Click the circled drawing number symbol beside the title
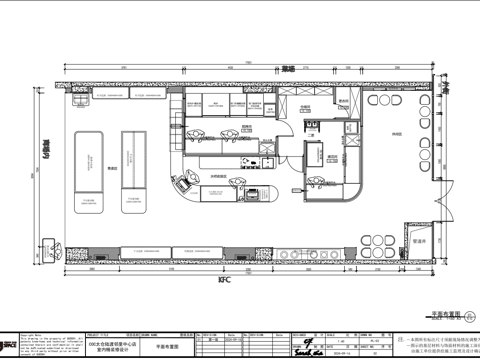click(471, 314)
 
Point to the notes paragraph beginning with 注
click(440, 345)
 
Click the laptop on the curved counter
click(184, 183)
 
